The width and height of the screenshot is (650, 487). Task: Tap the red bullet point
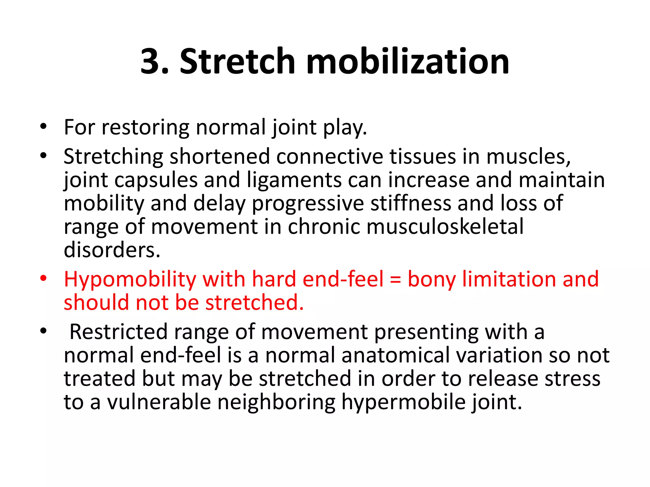[x=43, y=279]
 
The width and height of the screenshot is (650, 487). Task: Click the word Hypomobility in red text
[x=130, y=280]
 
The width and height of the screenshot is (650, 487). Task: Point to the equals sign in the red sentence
[x=395, y=280]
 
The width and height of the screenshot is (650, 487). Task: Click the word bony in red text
[x=432, y=280]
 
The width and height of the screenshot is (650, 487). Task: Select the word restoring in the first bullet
[x=145, y=128]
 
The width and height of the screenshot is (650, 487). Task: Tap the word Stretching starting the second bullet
[x=113, y=157]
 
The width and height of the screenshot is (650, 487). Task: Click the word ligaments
[x=294, y=180]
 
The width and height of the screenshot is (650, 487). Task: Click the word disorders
[x=112, y=250]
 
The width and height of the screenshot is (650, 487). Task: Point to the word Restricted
[x=118, y=332]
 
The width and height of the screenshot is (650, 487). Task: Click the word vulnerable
[x=159, y=402]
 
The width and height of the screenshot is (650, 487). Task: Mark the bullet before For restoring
[x=43, y=127]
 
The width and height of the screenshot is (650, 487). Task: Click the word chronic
[x=324, y=227]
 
